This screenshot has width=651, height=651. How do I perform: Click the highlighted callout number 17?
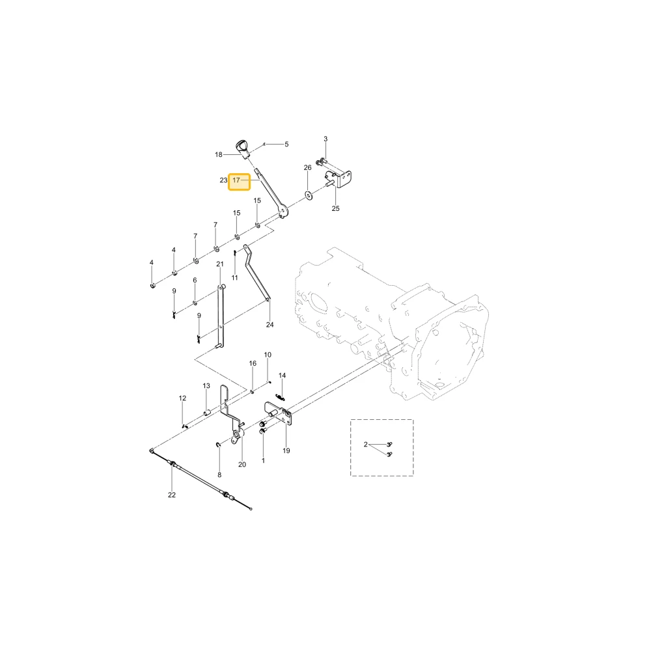tap(236, 180)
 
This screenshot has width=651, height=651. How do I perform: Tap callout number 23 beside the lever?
tap(223, 180)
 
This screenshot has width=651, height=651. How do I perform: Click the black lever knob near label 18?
tap(242, 147)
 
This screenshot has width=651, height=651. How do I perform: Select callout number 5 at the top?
tap(286, 144)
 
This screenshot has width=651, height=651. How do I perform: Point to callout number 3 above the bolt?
tap(325, 139)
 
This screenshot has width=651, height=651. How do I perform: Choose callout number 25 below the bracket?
tap(335, 208)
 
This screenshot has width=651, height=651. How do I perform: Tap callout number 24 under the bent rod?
tap(270, 325)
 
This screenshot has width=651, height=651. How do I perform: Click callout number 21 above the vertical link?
tap(220, 264)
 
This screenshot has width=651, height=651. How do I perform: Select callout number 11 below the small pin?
tap(234, 277)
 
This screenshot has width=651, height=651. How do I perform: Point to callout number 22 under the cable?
tap(172, 495)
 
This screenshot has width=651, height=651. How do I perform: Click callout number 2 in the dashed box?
tap(365, 445)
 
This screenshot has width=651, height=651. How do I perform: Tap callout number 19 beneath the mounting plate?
tap(286, 450)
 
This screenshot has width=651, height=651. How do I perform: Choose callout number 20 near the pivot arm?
tap(242, 465)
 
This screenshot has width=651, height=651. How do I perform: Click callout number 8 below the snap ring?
tap(219, 475)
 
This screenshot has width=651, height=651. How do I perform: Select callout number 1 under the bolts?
tap(263, 460)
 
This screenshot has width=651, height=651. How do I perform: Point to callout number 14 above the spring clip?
tap(283, 376)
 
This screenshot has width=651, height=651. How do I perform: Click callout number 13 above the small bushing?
tap(206, 385)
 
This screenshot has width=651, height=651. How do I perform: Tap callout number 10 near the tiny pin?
tap(268, 355)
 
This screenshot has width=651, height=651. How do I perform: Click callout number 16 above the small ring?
tap(253, 363)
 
